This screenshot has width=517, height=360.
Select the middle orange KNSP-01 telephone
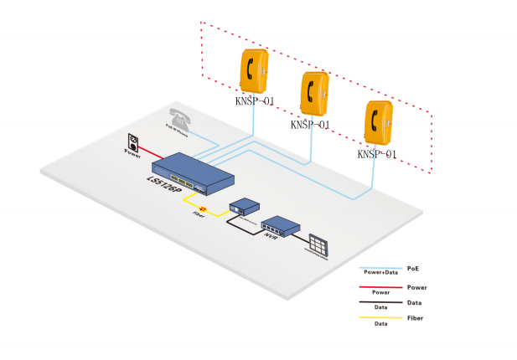pos(313,93)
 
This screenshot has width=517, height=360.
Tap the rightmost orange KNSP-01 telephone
pos(378,123)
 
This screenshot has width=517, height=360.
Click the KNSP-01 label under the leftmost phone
pos(255,101)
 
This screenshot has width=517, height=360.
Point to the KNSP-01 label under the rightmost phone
pos(377,154)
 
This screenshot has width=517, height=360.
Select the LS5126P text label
pos(164,188)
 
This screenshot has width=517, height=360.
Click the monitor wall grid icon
pos(319,244)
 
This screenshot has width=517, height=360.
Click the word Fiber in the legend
pos(414,318)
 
